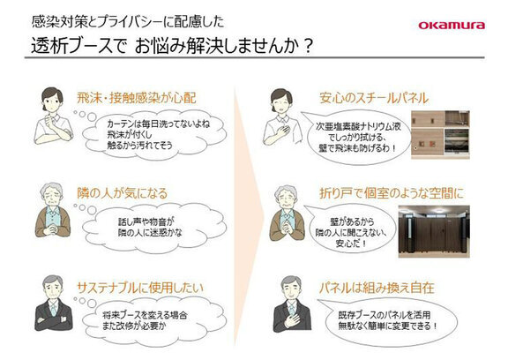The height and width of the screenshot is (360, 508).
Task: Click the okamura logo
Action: (x=452, y=26)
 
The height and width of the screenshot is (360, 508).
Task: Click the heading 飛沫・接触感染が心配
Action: (x=137, y=98)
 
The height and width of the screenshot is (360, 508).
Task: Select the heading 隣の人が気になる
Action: (x=122, y=193)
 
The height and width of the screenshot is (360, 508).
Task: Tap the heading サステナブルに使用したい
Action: (x=140, y=288)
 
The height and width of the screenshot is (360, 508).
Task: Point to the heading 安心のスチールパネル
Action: (x=374, y=98)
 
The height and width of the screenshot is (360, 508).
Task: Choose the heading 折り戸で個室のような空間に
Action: (x=392, y=193)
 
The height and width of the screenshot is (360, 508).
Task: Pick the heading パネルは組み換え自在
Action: (x=377, y=288)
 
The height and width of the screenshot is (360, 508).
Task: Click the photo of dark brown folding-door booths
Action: (x=434, y=231)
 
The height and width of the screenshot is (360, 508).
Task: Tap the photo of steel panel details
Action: (x=440, y=135)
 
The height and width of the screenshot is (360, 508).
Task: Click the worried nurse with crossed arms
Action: (x=54, y=116)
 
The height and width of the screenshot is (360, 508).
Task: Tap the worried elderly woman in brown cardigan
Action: (x=53, y=210)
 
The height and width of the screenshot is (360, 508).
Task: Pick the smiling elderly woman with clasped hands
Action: (x=287, y=213)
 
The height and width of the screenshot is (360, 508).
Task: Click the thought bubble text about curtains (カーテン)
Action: (x=158, y=134)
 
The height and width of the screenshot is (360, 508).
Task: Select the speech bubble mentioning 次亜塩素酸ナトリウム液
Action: (x=357, y=138)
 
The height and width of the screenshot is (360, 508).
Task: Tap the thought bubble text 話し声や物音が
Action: (x=146, y=222)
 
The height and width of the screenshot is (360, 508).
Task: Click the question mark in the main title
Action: (x=308, y=46)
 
